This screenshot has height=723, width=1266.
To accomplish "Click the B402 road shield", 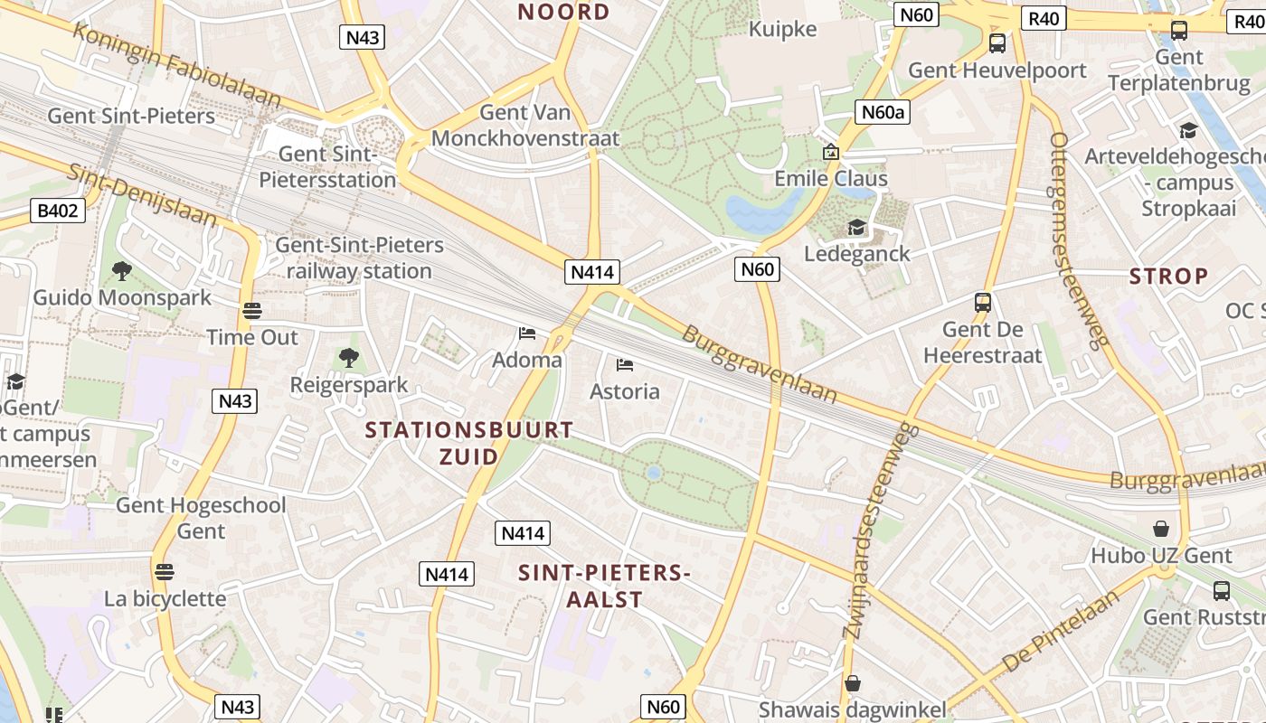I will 59,211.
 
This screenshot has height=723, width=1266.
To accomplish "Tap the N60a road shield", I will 881,112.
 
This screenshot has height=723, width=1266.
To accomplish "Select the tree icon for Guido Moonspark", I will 121,270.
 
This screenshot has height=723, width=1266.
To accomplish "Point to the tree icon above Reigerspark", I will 349,358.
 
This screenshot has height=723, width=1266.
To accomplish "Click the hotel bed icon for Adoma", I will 527,333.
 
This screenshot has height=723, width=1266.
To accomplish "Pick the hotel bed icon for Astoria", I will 624,365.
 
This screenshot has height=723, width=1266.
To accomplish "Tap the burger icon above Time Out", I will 252,311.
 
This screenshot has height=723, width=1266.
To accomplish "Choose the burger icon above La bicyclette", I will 164,571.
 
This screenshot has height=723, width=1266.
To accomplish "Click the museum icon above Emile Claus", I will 831,152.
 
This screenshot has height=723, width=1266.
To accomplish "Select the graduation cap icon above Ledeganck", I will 855,227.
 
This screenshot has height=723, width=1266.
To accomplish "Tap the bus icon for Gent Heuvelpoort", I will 997,42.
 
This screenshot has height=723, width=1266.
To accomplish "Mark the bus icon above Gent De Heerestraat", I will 983,303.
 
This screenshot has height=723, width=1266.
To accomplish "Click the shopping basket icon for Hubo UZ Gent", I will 1161,528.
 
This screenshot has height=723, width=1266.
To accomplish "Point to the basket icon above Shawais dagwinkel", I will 852,683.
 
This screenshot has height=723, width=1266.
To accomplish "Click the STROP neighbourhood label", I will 1168,276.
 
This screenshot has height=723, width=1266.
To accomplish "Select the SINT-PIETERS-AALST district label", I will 604,586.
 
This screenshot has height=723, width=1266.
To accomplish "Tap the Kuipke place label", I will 783,29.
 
